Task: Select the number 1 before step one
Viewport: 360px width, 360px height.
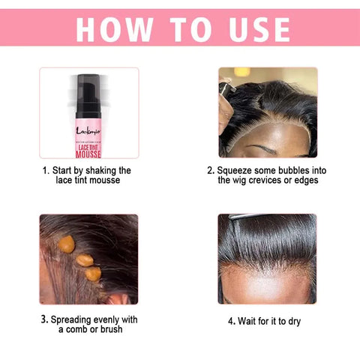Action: tap(46, 170)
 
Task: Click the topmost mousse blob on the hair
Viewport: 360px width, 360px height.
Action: tap(67, 244)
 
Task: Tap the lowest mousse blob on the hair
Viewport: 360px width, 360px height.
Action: tap(92, 274)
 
